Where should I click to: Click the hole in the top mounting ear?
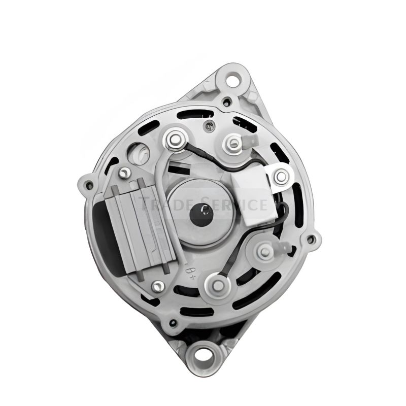(233, 80)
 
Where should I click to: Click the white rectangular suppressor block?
(256, 197)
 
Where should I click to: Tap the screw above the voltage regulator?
(124, 174)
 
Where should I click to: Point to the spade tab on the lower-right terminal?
(284, 248)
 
